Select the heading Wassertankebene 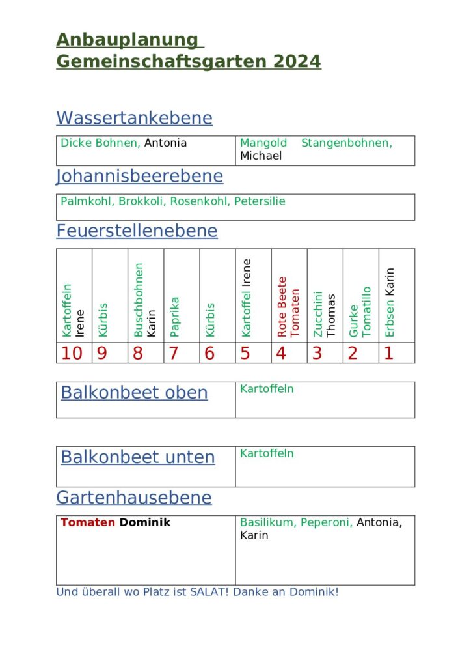pyautogui.click(x=134, y=118)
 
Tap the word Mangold pyautogui.click(x=263, y=143)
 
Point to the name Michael pyautogui.click(x=261, y=156)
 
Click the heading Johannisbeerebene pyautogui.click(x=139, y=176)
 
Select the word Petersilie pyautogui.click(x=260, y=201)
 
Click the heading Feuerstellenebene pyautogui.click(x=137, y=231)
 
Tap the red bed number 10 pyautogui.click(x=72, y=353)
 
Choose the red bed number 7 pyautogui.click(x=174, y=353)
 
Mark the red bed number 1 pyautogui.click(x=389, y=353)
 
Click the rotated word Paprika pyautogui.click(x=174, y=317)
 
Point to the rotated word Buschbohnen pyautogui.click(x=139, y=300)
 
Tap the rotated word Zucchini pyautogui.click(x=317, y=314)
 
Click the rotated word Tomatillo pyautogui.click(x=366, y=312)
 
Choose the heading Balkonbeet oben pyautogui.click(x=134, y=392)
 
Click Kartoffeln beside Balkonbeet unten pyautogui.click(x=267, y=453)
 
